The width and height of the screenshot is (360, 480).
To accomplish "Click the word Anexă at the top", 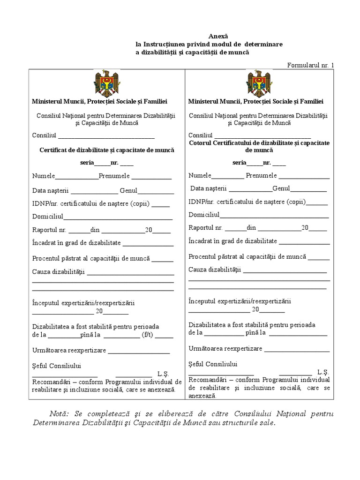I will coord(217,36).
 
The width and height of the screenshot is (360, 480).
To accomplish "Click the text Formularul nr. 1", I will coord(311,65).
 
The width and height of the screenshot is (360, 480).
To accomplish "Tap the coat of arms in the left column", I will coord(107,83).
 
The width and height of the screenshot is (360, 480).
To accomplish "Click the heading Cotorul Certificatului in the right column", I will coord(259,146).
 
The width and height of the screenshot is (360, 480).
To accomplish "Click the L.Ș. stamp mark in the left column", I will coord(163,374).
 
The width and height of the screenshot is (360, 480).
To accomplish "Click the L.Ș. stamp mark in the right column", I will coord(323,372).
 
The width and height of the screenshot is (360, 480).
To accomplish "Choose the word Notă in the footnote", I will coord(59,413).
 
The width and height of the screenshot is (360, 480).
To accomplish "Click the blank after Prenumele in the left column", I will coord(151,178).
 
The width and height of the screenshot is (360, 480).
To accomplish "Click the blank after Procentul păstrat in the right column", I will coord(319,257).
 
